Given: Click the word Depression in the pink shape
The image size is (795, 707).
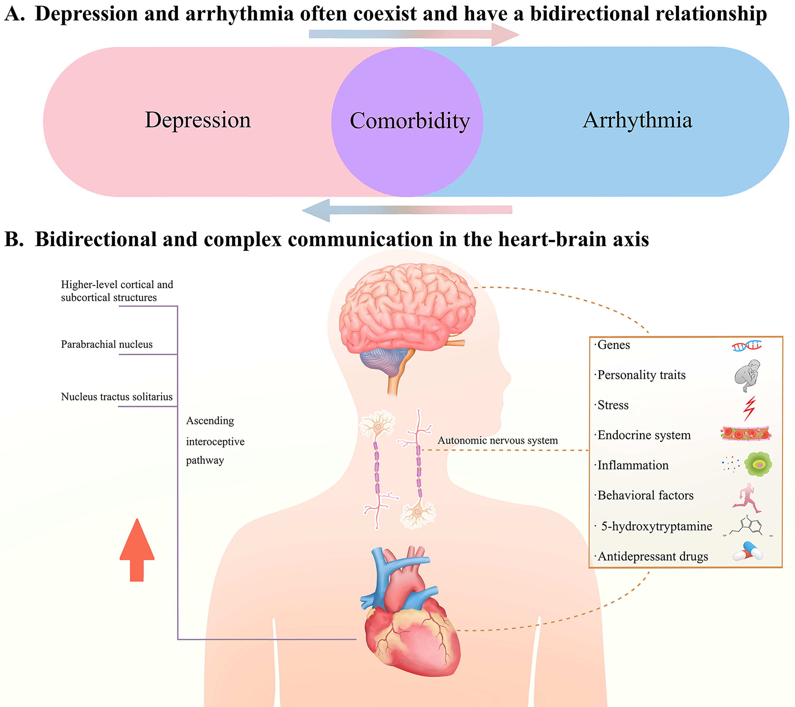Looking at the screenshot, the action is coord(198,120).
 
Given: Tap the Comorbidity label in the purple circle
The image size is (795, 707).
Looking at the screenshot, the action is coord(410,121).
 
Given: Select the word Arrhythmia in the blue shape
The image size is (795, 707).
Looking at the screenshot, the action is coord(637,120).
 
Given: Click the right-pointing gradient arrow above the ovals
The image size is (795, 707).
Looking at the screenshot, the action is coord(414,35).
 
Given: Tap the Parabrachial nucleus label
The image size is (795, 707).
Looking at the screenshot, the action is coord(107,344).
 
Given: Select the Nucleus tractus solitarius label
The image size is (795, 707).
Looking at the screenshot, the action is coord(117,397).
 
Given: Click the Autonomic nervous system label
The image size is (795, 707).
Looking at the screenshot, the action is coord(498,440).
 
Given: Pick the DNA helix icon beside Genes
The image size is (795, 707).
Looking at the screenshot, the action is coord(746,345).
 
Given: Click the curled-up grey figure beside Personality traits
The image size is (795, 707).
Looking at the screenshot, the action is coord(747,376).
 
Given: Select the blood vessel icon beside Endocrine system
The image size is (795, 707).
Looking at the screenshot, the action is coord(746,433).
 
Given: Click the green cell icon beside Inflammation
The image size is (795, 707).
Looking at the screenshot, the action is coord(758,464).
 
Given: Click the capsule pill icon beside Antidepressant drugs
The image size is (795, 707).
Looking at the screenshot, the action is coord(747,552).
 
